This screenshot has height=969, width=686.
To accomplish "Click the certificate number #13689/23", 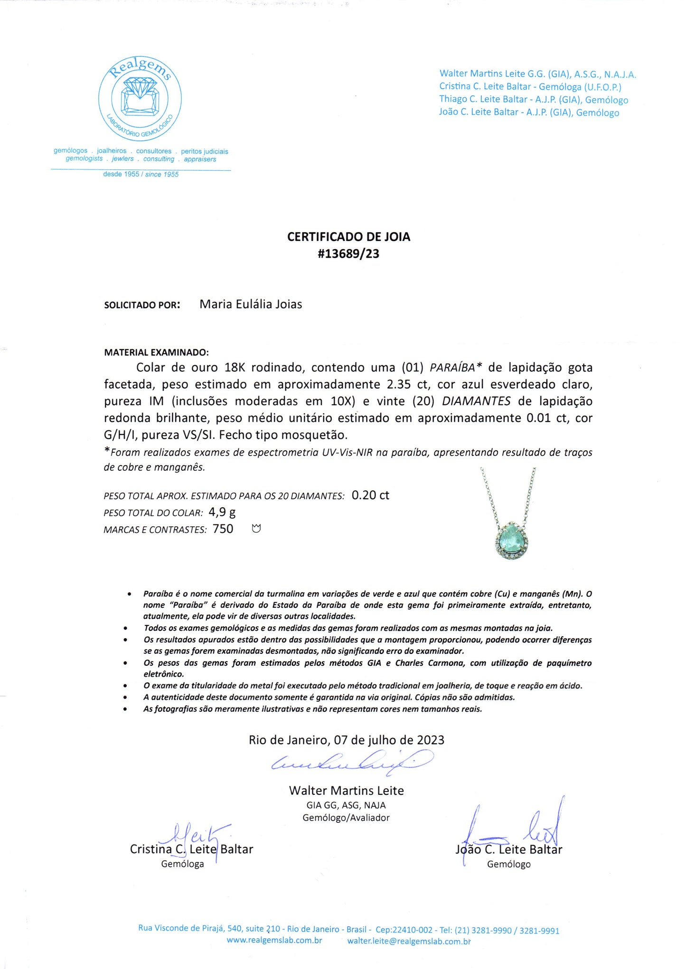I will point(348,254).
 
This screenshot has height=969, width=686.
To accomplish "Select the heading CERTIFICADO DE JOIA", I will point(348,237).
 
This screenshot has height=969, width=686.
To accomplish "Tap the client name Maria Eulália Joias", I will point(251,304).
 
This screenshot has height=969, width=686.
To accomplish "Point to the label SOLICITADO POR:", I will point(142,305).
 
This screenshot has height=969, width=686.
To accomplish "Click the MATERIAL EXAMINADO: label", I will point(156,353).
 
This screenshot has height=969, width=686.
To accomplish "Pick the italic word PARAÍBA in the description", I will point(452,368).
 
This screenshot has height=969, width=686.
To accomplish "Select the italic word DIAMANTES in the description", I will point(476,401).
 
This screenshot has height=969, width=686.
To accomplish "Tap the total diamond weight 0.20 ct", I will point(370,495).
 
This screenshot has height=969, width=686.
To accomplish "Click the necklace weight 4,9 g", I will point(222,512).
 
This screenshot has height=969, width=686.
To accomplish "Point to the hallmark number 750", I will point(223,529).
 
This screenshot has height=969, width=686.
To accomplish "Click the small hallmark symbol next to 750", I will point(256,529).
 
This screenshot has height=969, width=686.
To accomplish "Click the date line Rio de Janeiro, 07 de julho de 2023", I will point(347,740).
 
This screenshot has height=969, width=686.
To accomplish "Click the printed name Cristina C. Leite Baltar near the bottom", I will point(191,849).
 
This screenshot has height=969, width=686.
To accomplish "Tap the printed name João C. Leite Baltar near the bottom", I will point(509,849).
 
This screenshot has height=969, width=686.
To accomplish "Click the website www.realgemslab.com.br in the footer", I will point(274,941).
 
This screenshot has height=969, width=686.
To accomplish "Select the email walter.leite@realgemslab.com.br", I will point(409,941).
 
